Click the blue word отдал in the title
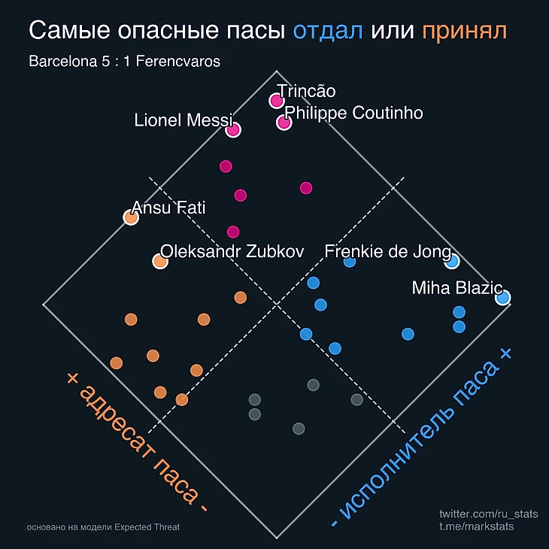click(x=328, y=31)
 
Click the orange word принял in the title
click(x=464, y=32)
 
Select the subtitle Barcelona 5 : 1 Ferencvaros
click(x=124, y=62)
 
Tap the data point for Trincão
click(x=277, y=101)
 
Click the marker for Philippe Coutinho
click(x=284, y=123)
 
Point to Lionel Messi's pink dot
click(x=233, y=129)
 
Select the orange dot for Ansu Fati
click(x=130, y=217)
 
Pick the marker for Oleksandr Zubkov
click(x=159, y=261)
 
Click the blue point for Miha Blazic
click(x=502, y=298)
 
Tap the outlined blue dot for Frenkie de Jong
click(x=451, y=261)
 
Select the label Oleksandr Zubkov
click(x=232, y=251)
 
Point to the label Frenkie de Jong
click(x=387, y=251)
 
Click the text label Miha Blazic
click(x=456, y=287)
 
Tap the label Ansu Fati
click(x=168, y=208)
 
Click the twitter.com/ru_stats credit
click(x=488, y=514)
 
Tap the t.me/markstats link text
click(x=477, y=526)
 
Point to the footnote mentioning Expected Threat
click(x=103, y=527)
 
